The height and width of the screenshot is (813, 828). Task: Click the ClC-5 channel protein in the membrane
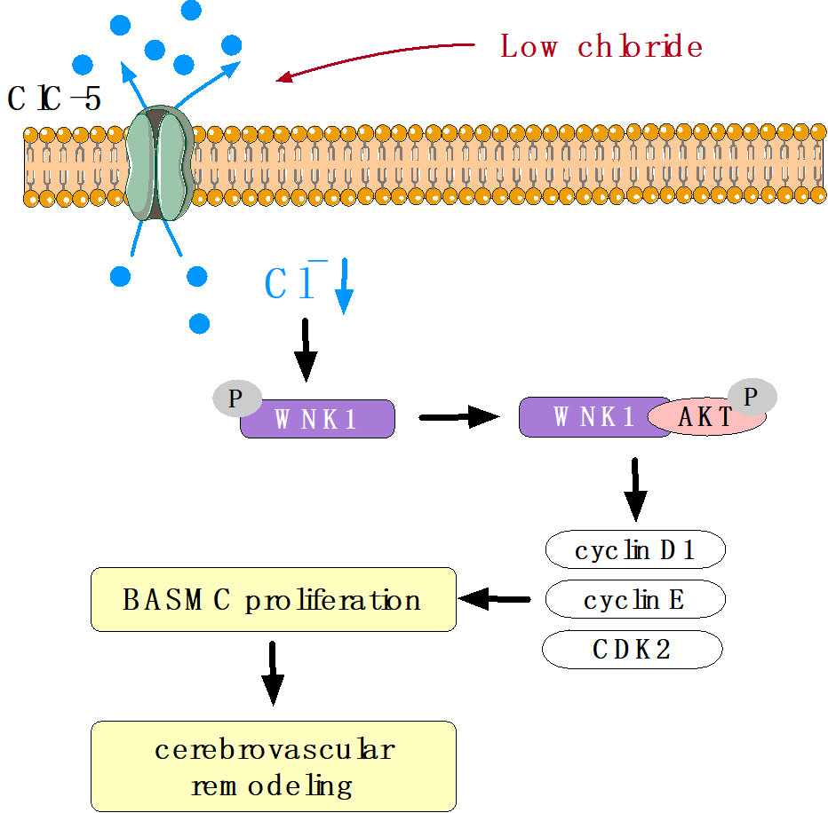(x=156, y=162)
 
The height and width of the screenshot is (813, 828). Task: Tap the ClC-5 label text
(x=53, y=99)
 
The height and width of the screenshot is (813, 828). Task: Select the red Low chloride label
(x=601, y=47)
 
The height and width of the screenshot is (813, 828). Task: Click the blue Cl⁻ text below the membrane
(x=291, y=283)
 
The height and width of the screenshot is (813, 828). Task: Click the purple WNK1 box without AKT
(x=317, y=419)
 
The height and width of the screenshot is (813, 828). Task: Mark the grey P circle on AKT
(x=752, y=398)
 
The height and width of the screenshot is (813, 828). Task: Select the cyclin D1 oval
(x=634, y=551)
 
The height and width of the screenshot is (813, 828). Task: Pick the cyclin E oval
(x=634, y=601)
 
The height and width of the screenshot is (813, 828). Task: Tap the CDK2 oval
(x=632, y=651)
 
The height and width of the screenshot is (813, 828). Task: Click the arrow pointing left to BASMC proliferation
(x=494, y=600)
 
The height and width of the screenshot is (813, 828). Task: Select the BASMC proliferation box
(x=273, y=600)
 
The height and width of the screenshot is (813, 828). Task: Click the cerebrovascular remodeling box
(x=273, y=766)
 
